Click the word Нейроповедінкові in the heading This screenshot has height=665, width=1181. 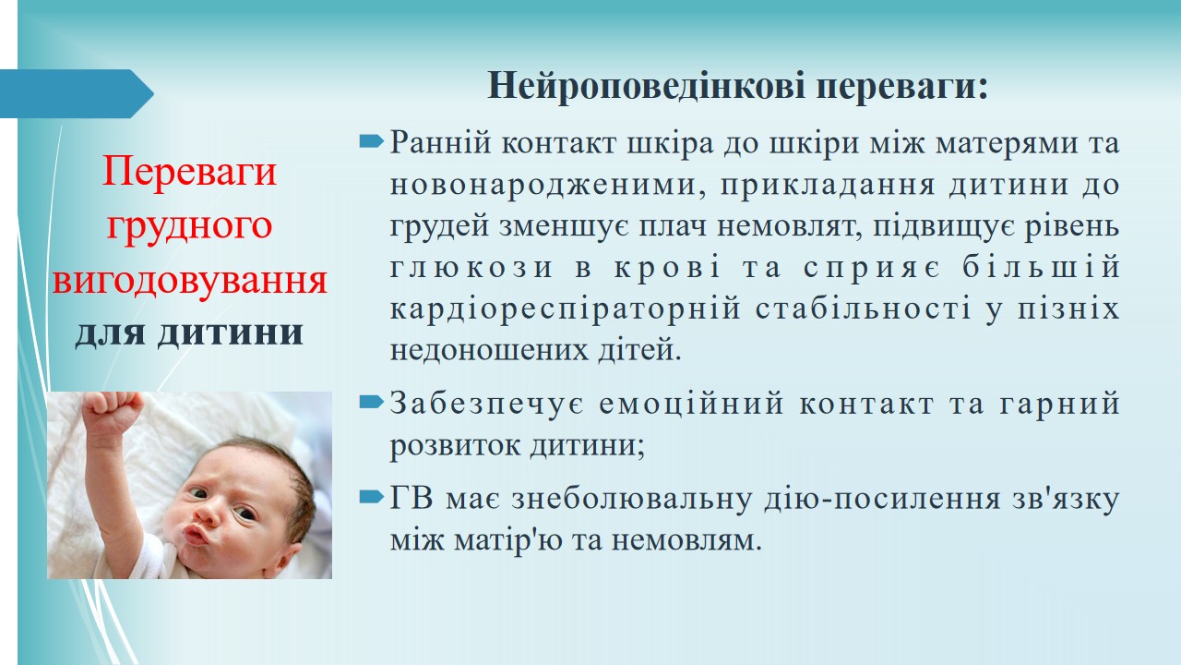tap(647, 86)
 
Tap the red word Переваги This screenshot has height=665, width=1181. tap(190, 172)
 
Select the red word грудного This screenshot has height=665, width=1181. tap(190, 227)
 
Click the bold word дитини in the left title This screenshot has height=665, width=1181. tap(231, 333)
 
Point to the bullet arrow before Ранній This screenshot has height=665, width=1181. tap(371, 141)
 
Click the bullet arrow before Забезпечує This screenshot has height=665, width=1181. tap(371, 403)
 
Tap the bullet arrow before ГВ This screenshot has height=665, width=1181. tap(371, 497)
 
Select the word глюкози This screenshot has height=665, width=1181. tap(471, 268)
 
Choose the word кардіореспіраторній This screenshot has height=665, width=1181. tap(565, 309)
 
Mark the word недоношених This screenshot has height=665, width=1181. tap(489, 350)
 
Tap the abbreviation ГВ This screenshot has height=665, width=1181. tap(412, 499)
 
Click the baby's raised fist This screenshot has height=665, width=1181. tap(113, 412)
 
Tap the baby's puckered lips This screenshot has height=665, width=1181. tap(197, 534)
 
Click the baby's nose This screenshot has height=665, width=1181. tap(208, 512)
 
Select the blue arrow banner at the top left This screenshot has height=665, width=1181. tap(77, 93)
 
